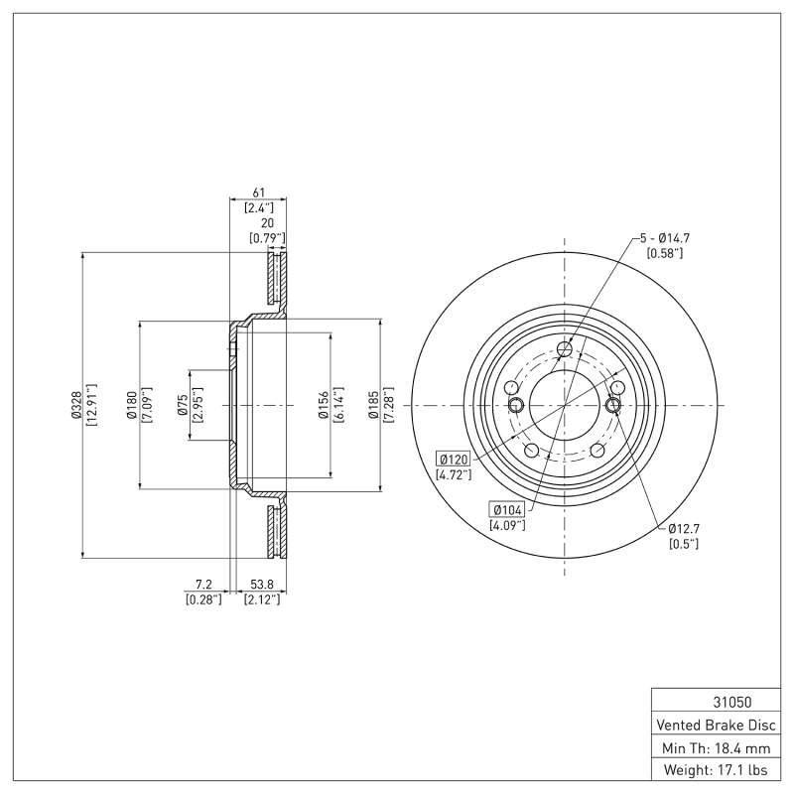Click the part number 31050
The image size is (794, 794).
click(716, 700)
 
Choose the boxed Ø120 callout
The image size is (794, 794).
click(453, 460)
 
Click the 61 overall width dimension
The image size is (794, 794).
click(258, 192)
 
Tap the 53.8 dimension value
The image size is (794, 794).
click(262, 585)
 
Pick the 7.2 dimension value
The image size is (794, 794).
click(202, 585)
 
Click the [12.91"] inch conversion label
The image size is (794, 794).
click(91, 405)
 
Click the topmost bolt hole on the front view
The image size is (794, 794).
click(565, 348)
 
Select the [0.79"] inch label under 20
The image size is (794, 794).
click(266, 238)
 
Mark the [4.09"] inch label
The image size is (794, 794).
click(507, 524)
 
